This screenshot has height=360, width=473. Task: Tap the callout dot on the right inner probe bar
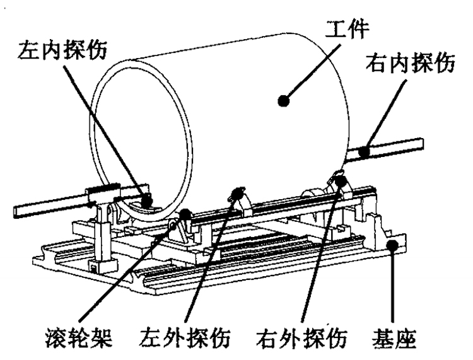click(x=363, y=151)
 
